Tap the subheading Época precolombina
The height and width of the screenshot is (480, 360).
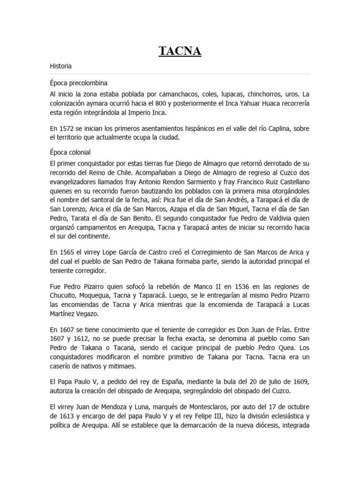(x=76, y=83)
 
